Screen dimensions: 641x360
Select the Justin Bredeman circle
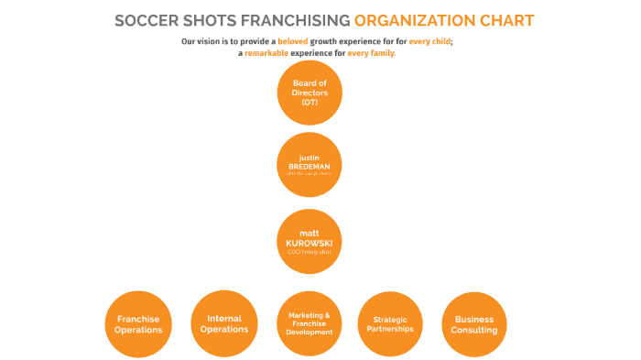[x=309, y=164]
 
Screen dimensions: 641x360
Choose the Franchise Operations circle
[x=138, y=323]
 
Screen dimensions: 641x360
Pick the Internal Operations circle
[x=223, y=323]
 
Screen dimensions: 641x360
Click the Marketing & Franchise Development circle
[x=309, y=323]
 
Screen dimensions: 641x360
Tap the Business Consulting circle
[x=474, y=323]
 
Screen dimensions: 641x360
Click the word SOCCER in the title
[x=147, y=20]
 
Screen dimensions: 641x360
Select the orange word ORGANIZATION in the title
[x=418, y=20]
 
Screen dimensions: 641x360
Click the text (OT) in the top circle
[x=309, y=102]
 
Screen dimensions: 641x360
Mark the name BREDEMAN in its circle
[x=309, y=165]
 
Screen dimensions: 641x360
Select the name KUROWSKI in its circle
[x=309, y=241]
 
